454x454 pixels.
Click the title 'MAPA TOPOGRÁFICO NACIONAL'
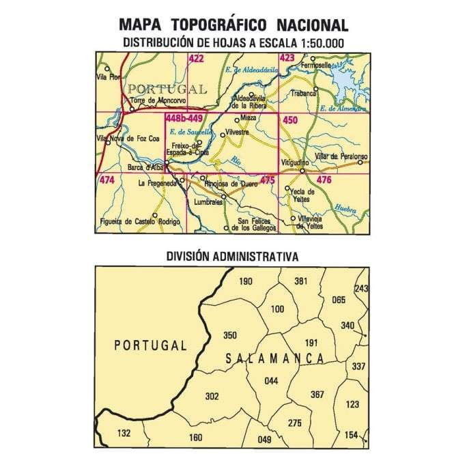[233, 25]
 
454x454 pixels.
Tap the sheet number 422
[197, 59]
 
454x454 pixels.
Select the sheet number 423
[287, 59]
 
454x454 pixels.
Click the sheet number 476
[324, 180]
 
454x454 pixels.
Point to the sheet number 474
[107, 180]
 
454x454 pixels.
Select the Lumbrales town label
[208, 203]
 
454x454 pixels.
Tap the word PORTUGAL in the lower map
[150, 345]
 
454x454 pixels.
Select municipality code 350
[230, 335]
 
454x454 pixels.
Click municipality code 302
[212, 395]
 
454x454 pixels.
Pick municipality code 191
[311, 343]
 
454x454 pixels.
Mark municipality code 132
[124, 433]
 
